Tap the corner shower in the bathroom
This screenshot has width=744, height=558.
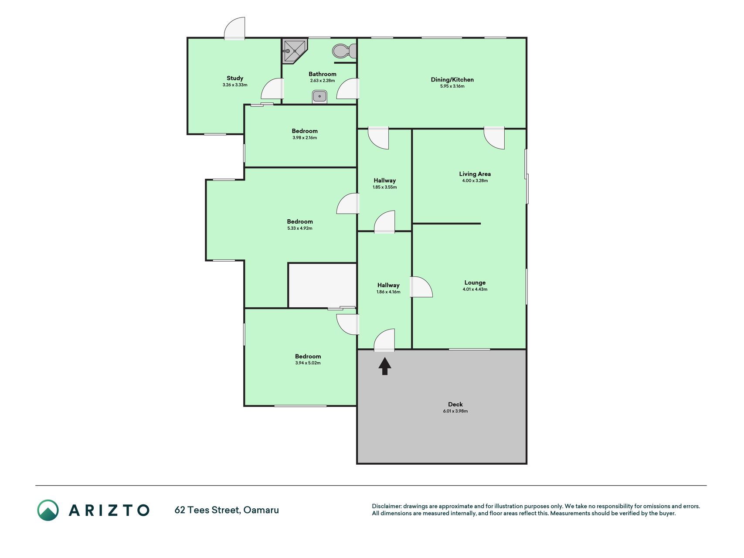click(x=295, y=51)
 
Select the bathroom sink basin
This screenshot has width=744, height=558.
click(x=319, y=96)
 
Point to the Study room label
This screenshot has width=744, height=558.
click(x=235, y=78)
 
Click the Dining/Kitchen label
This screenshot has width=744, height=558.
click(x=452, y=79)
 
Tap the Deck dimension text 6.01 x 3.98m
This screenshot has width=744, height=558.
click(x=455, y=411)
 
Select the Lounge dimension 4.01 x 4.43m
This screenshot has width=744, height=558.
click(x=475, y=289)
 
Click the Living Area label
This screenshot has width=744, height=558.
click(x=475, y=174)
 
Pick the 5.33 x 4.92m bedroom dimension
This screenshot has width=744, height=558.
click(x=299, y=228)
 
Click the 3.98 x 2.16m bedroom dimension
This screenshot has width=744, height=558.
click(x=305, y=138)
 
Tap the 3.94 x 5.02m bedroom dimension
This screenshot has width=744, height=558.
click(x=308, y=363)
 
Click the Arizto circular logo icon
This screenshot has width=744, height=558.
click(x=48, y=510)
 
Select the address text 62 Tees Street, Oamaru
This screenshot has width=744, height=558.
click(x=227, y=510)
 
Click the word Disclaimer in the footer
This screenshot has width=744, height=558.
click(x=386, y=506)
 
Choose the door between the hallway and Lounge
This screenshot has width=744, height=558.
click(x=421, y=287)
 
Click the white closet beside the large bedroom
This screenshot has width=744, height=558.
click(x=323, y=286)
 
